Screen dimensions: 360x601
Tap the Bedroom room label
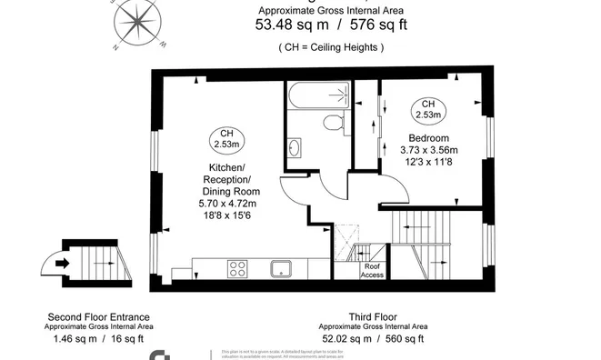[429, 137]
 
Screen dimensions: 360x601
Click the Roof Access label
[373, 269]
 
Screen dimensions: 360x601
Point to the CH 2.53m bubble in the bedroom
[428, 110]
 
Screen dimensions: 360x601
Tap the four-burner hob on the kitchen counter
[239, 268]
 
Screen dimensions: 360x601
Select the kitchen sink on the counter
[280, 268]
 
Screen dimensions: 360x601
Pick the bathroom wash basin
[295, 146]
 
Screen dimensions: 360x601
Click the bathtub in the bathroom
[316, 95]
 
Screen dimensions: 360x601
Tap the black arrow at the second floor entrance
[61, 265]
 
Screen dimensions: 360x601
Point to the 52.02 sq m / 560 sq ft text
[370, 338]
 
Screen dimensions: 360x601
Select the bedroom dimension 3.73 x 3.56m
[429, 150]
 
